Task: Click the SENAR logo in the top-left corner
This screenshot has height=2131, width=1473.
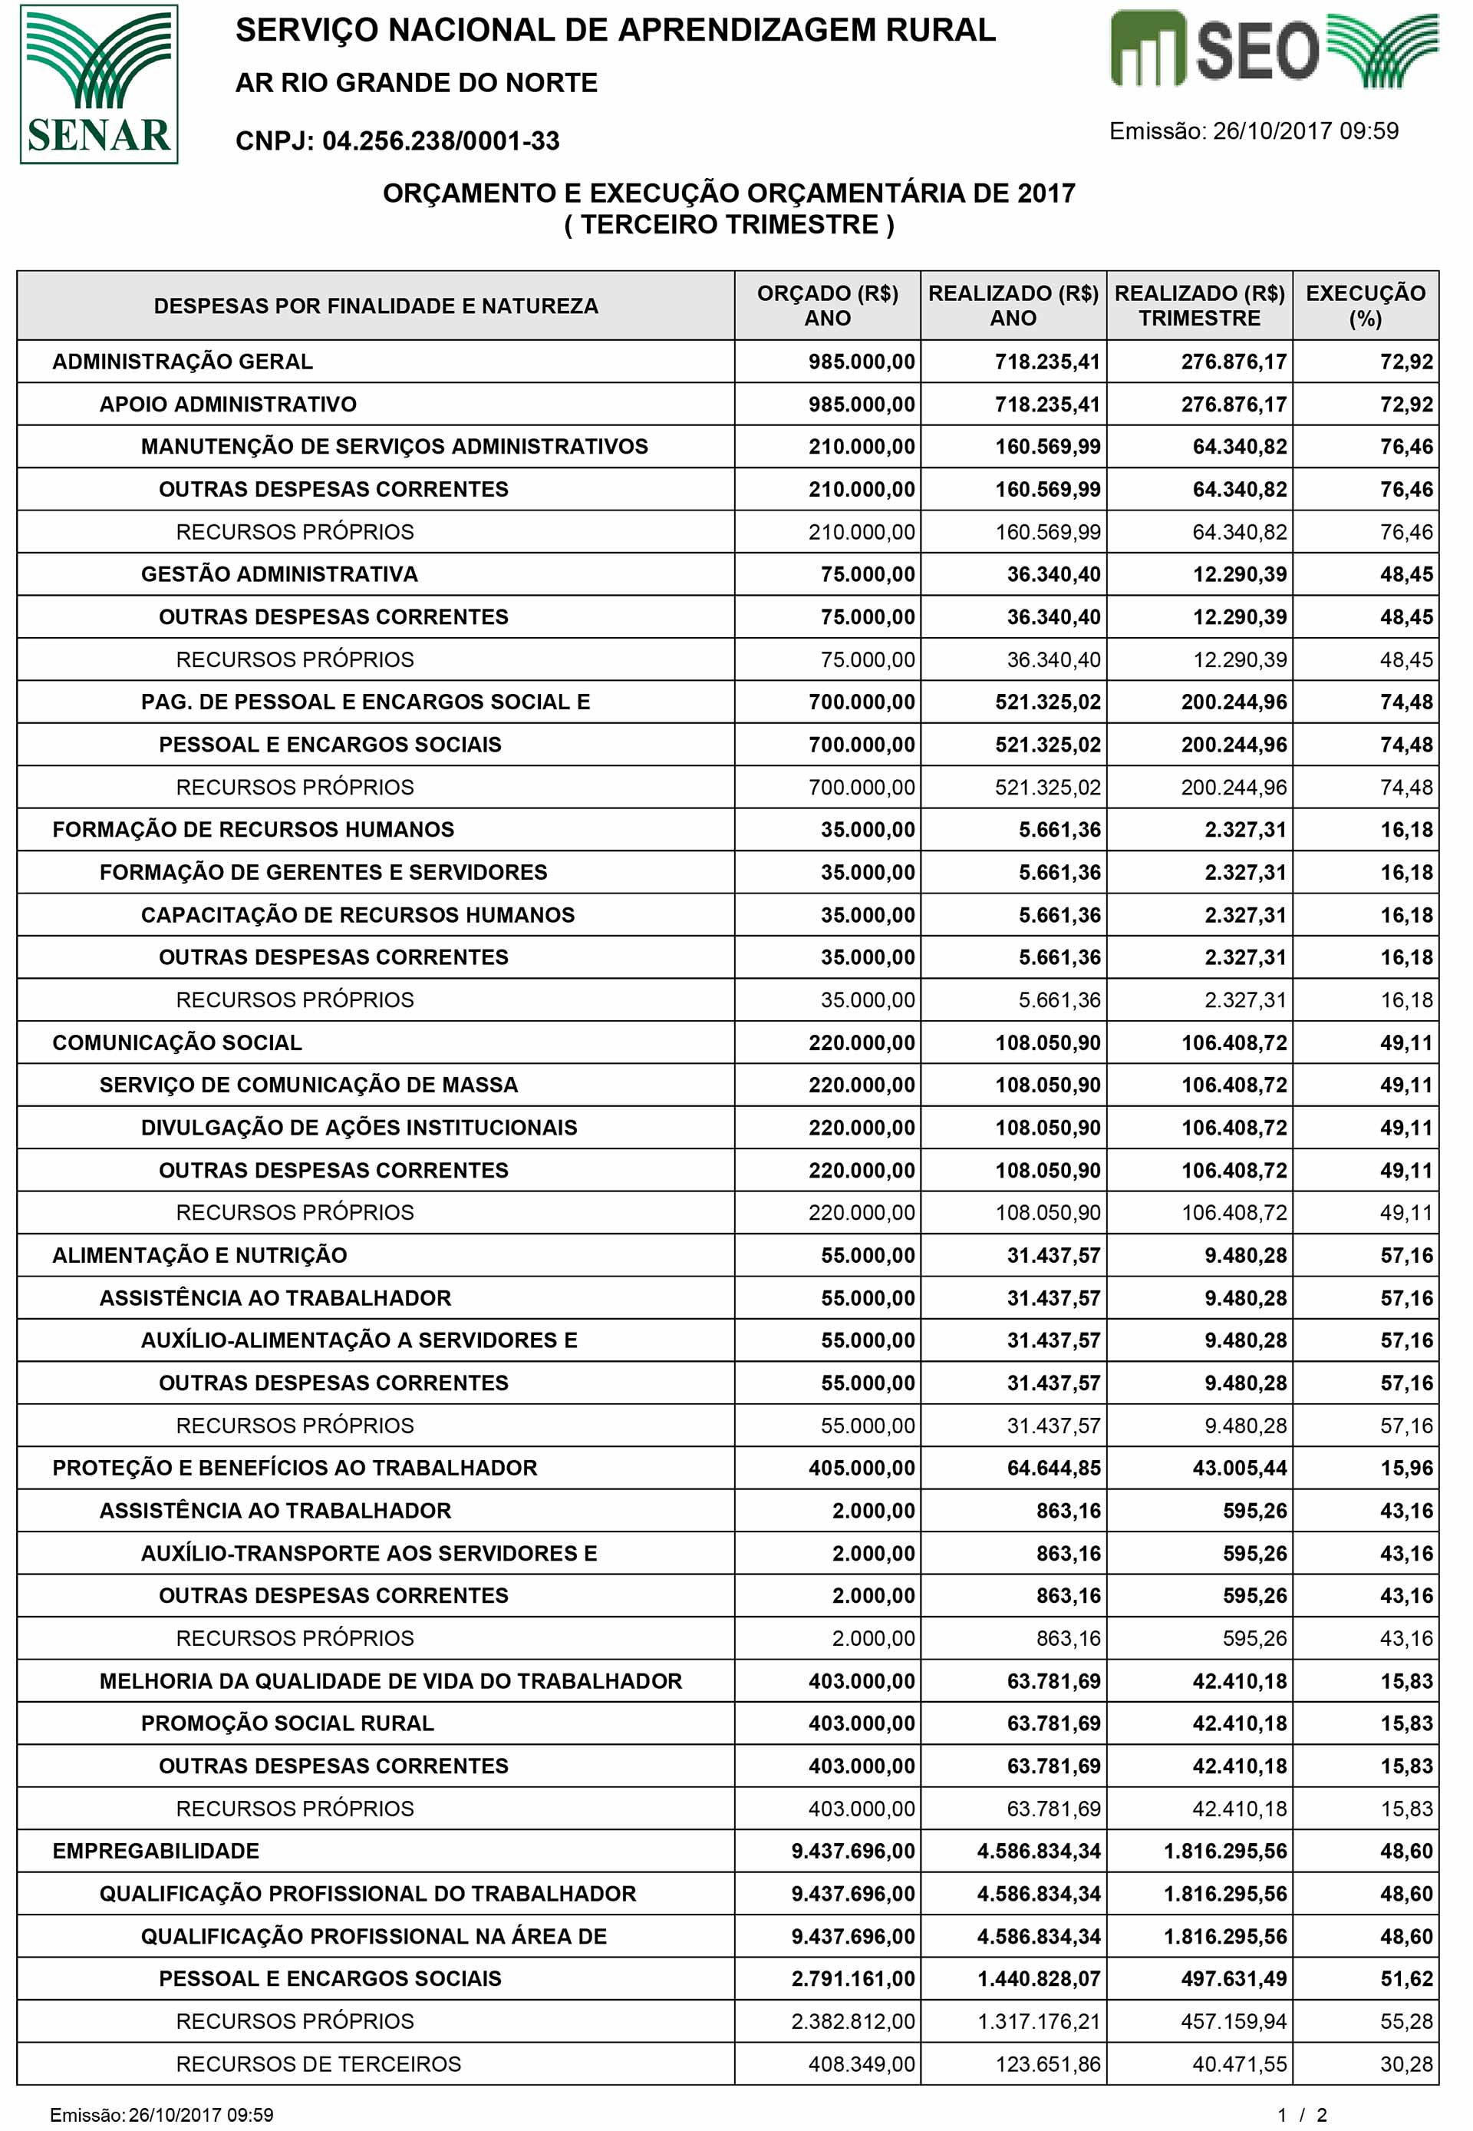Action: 99,84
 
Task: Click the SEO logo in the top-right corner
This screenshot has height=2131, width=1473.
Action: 1273,51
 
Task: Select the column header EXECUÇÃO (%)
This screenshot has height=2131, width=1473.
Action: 1365,306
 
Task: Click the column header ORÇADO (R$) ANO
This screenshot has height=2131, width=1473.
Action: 827,306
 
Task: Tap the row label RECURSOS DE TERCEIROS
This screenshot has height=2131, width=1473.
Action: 318,2063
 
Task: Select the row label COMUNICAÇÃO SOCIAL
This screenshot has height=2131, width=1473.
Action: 177,1042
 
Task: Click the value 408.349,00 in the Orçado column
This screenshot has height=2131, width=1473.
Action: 861,2063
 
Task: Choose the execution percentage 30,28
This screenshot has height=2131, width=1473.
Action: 1405,2063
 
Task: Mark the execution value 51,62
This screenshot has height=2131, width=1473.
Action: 1405,1979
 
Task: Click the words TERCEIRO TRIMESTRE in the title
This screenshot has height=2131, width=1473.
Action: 729,225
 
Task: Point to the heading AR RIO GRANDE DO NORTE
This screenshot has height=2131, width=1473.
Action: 417,83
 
